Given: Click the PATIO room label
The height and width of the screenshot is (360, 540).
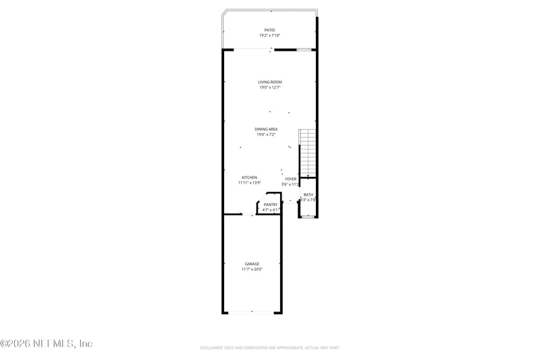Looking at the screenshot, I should pos(269,30).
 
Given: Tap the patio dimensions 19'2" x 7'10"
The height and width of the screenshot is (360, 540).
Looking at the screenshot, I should pos(269,35).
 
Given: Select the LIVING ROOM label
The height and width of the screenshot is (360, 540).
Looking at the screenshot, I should pos(269,82).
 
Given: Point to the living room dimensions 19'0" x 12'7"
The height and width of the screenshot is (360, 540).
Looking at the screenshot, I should pos(269,87).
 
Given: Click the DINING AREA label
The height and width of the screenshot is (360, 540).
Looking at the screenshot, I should pos(266,129).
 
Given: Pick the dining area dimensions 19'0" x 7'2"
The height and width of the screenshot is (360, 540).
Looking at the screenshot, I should pos(266,134).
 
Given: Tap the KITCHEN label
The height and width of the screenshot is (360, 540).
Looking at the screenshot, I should pos(250,177).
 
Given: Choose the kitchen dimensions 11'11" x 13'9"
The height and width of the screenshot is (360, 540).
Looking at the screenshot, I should pos(250,182).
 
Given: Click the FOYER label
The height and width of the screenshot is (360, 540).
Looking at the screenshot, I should pos(291,179).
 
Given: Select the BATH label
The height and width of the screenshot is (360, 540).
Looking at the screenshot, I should pos(308,195).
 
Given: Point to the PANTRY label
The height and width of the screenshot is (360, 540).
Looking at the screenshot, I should pos(271,205).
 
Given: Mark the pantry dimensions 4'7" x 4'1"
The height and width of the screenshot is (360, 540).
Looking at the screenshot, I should pos(271,210).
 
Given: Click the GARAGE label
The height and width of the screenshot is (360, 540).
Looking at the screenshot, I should pos(252,263).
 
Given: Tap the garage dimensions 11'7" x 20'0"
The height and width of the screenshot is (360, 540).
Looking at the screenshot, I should pos(252,269).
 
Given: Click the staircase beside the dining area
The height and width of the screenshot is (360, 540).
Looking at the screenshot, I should pos(308,152).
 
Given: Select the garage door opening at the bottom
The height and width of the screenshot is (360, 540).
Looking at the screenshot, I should pos(252,312).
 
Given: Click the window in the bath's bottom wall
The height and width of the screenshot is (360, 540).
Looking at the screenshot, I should pos(308,217).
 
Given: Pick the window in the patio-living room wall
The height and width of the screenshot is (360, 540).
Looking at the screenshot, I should pos(304,49).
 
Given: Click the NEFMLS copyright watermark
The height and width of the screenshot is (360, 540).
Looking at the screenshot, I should pos(47,344).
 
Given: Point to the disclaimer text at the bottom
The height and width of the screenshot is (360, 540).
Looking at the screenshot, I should pos(269,348).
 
